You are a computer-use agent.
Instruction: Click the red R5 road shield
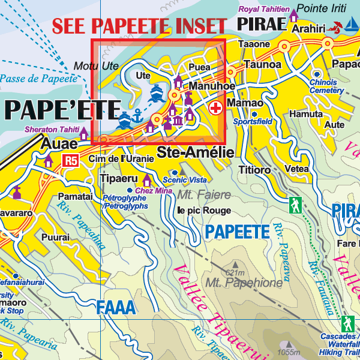[x=71, y=160]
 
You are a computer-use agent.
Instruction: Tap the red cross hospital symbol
[x=215, y=109]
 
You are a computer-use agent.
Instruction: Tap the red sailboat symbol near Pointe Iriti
[x=336, y=26]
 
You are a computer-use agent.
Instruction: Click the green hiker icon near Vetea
[x=295, y=205]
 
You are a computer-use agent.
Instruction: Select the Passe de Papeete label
[x=39, y=79]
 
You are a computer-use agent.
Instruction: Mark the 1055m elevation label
[x=288, y=352]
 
